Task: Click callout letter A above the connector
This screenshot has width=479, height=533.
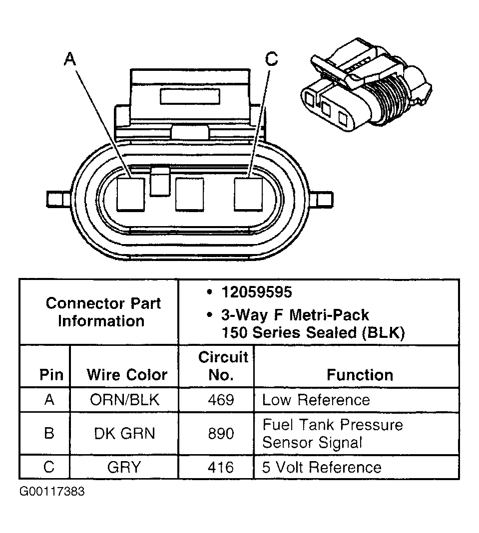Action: coord(70,59)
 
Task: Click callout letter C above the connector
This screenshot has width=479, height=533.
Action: coord(271,59)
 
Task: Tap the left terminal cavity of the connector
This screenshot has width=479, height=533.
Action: coord(130,194)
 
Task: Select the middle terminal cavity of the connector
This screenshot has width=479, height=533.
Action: coord(189,194)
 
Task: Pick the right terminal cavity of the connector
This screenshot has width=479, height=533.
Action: coord(248,194)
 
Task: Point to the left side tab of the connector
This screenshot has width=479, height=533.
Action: coord(56,199)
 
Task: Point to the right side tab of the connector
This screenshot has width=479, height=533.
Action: coord(322,199)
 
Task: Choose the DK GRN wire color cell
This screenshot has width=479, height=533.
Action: coord(124,433)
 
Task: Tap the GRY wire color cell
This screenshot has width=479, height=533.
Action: coord(124,467)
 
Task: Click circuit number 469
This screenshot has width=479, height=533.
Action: coord(221,400)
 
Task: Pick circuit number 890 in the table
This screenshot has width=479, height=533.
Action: coord(221,433)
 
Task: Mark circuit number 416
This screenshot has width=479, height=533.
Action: coord(221,467)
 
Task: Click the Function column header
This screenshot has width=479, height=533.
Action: coord(360,375)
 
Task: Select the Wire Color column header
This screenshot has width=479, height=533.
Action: coord(127,375)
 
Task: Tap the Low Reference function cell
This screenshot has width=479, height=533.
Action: coord(316,400)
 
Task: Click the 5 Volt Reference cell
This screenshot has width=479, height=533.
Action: coord(322,467)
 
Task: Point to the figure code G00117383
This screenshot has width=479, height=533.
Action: coord(52,492)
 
